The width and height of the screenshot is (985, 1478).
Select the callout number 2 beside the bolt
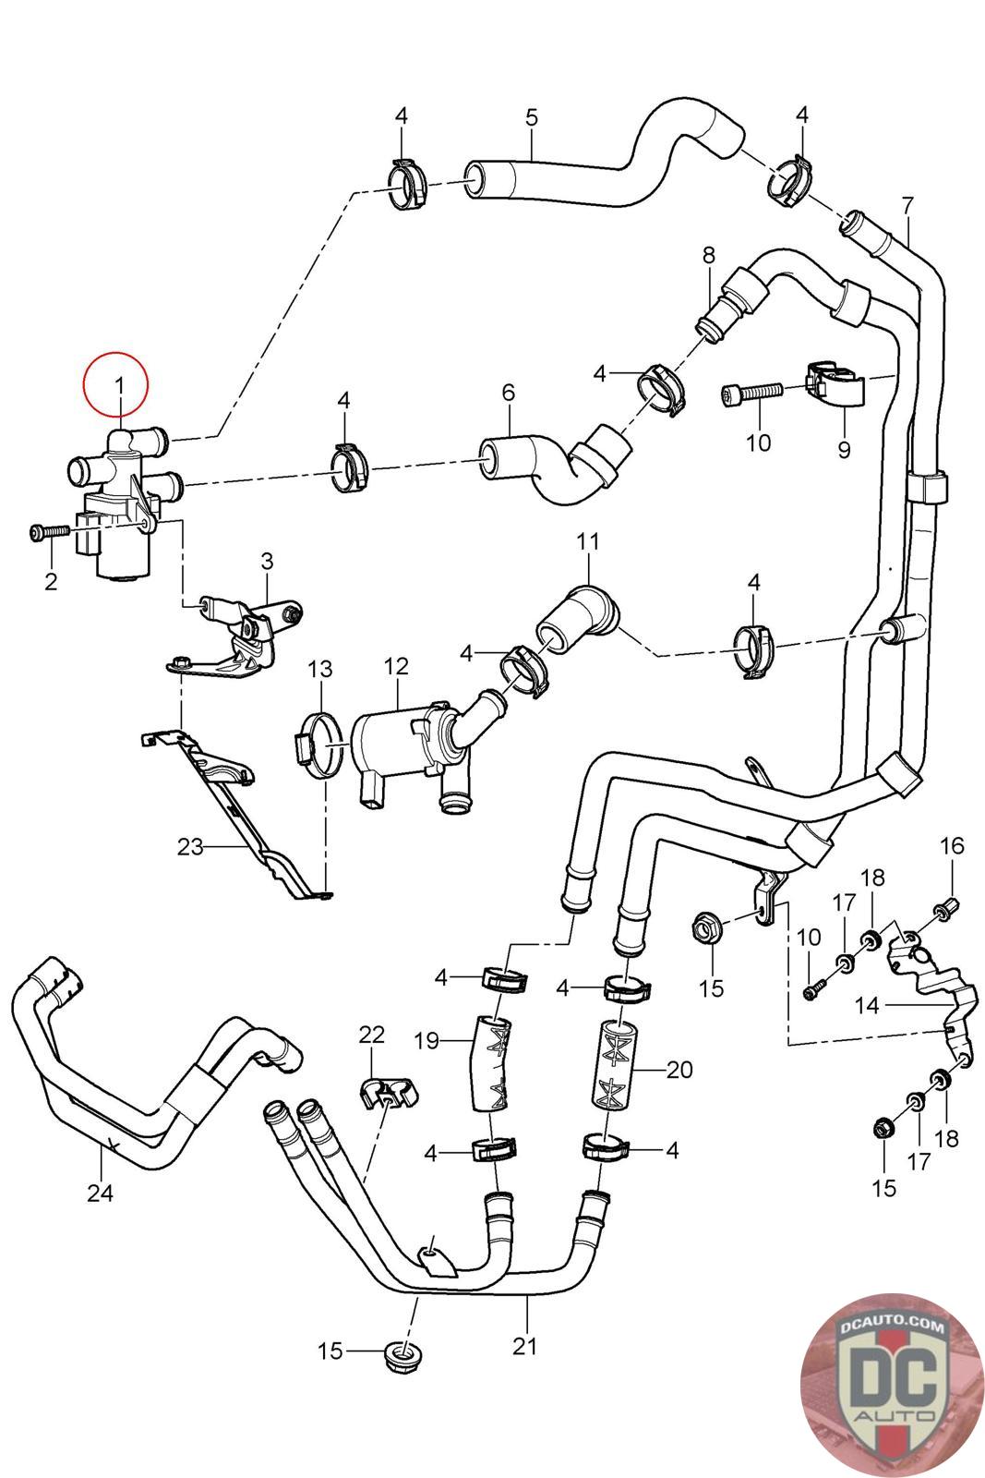[51, 581]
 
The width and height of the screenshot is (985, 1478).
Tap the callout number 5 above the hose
[531, 117]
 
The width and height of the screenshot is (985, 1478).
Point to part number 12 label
[396, 665]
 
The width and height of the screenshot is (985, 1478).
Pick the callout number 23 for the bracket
[190, 846]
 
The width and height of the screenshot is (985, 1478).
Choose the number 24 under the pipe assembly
[100, 1193]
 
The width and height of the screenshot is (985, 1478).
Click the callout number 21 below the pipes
[524, 1346]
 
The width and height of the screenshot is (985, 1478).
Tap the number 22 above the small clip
[371, 1035]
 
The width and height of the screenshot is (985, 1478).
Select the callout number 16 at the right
[952, 845]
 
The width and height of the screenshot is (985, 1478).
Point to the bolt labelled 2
[49, 532]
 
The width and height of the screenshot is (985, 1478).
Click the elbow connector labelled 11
[578, 617]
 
